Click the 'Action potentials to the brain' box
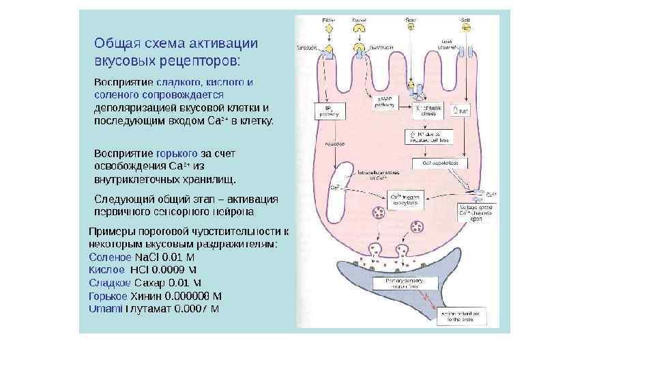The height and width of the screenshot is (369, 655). (462, 315)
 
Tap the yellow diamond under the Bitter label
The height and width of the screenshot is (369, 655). (327, 29)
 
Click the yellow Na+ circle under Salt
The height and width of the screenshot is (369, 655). (466, 29)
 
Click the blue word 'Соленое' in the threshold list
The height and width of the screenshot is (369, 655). (110, 258)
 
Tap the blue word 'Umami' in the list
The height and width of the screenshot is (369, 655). (105, 309)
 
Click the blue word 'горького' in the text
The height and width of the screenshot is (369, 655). (177, 153)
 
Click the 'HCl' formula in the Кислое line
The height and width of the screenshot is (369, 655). (149, 270)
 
